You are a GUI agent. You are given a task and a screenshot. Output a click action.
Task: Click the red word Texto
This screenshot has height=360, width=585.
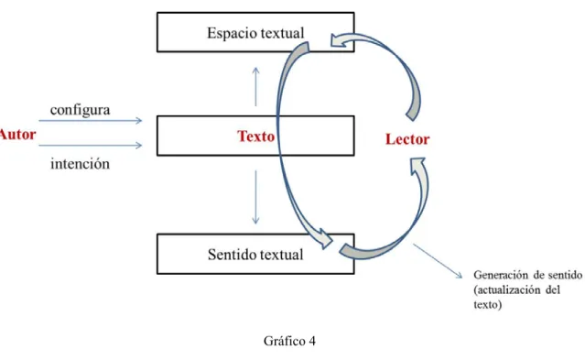[x=256, y=136]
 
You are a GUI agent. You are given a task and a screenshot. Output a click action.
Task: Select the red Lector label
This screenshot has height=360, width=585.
[x=407, y=139]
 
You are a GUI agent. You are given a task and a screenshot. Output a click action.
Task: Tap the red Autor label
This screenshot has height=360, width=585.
[x=17, y=135]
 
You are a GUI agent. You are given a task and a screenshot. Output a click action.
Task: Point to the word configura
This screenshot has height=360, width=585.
[x=81, y=110]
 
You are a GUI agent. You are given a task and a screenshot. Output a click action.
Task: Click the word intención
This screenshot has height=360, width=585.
[x=81, y=164]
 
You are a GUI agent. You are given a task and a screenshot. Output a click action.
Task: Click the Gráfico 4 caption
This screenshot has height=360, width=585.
[x=289, y=341]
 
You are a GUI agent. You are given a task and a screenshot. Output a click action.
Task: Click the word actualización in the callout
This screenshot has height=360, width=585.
[x=508, y=289]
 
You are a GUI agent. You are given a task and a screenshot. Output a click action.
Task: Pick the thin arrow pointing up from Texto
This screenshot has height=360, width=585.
[x=255, y=87]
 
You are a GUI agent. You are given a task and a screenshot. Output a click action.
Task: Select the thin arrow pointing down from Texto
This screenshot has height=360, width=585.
[x=255, y=197]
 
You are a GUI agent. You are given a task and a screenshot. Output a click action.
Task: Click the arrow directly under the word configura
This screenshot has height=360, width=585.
[x=91, y=121]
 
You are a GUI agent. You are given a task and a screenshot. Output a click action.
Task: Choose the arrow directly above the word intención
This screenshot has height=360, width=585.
[x=91, y=146]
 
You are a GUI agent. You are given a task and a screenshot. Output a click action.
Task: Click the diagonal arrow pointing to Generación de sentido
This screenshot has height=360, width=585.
[x=438, y=261]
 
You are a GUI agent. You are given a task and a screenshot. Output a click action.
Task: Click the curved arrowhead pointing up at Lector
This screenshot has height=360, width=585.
[x=417, y=166]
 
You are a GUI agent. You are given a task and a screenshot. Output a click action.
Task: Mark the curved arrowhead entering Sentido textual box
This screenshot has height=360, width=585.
[x=325, y=239]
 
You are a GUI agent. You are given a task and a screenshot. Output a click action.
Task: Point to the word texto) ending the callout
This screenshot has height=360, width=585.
[x=488, y=305]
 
